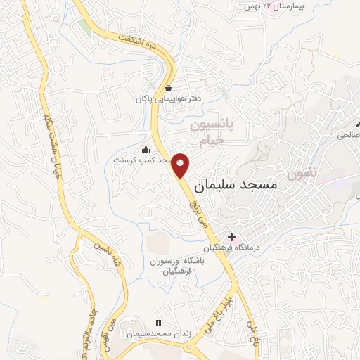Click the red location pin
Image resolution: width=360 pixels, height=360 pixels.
pyautogui.click(x=181, y=165)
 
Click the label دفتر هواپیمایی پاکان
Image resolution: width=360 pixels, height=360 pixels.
pyautogui.click(x=169, y=99)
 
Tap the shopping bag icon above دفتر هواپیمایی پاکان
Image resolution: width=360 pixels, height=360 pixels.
pyautogui.click(x=169, y=89)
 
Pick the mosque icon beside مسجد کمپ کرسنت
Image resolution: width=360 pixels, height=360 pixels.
pyautogui.click(x=146, y=149)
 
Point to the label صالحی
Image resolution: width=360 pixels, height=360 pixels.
pyautogui.click(x=349, y=133)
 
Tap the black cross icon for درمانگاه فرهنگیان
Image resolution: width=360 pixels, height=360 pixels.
pyautogui.click(x=231, y=237)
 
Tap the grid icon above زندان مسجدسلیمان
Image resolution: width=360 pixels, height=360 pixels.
pyautogui.click(x=158, y=323)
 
